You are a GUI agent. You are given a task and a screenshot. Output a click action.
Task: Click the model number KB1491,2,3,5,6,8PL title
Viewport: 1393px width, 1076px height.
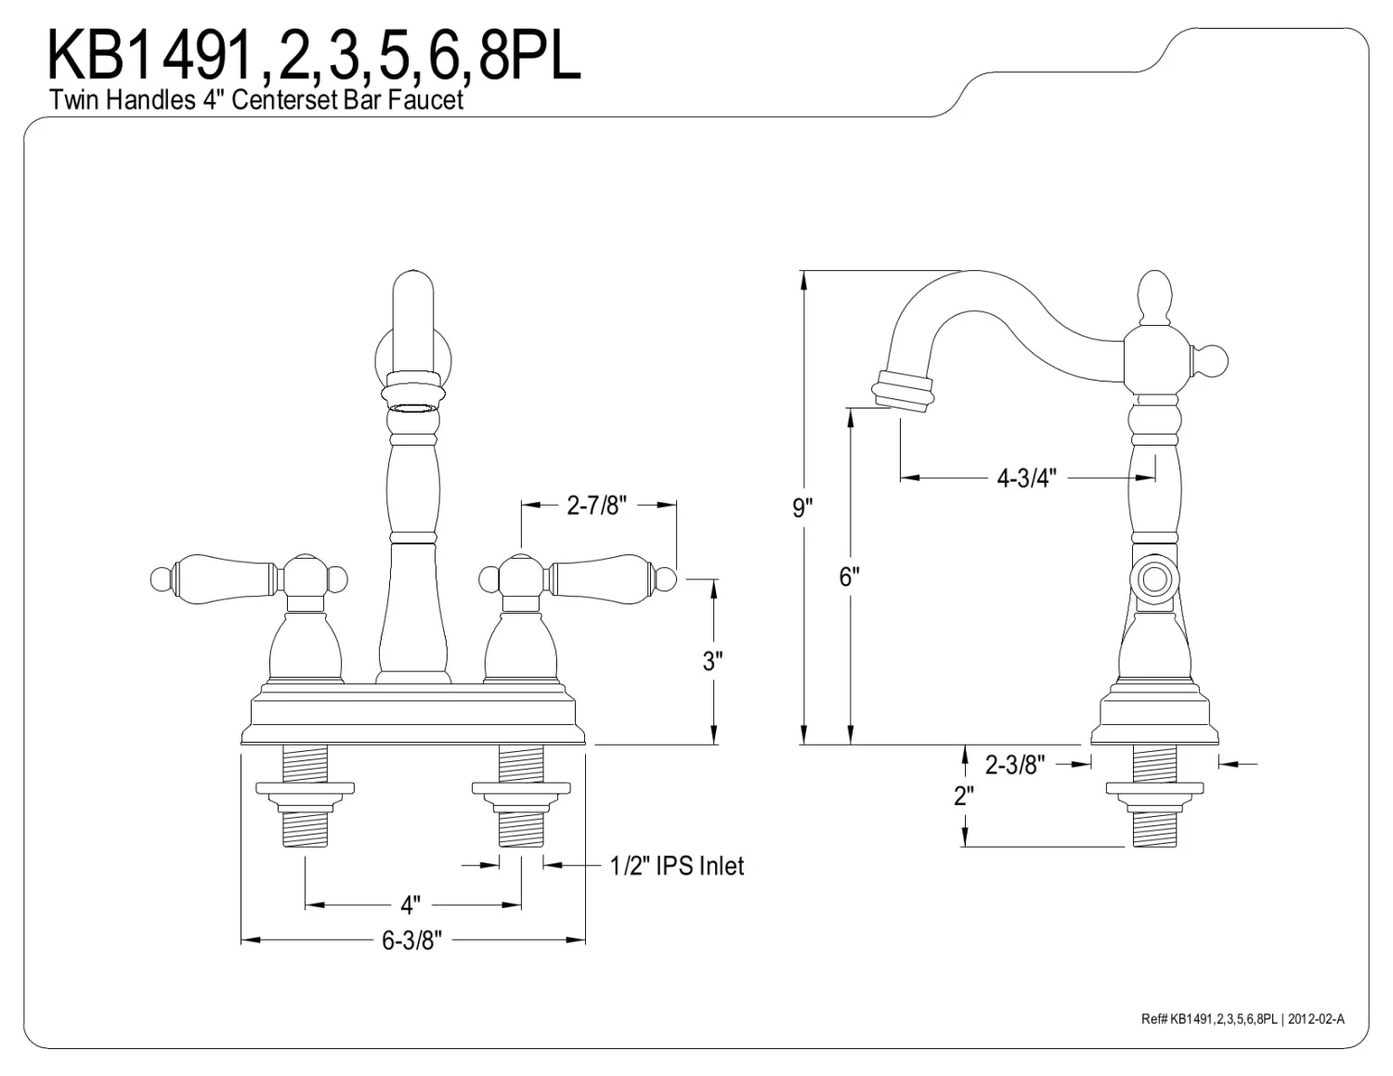tap(314, 56)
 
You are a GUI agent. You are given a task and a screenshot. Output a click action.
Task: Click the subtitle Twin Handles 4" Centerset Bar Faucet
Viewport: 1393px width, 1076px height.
tap(256, 100)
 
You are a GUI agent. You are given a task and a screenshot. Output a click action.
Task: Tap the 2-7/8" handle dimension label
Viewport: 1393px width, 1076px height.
tap(597, 505)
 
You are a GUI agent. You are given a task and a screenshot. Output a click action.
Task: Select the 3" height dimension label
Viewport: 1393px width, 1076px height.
tap(712, 661)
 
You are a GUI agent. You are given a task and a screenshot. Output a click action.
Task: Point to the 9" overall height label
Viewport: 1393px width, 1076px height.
tap(802, 508)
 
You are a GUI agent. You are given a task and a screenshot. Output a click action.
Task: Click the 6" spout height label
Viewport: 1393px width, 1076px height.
tap(849, 577)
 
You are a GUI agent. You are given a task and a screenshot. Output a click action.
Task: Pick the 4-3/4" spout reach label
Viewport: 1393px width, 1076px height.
tap(1026, 478)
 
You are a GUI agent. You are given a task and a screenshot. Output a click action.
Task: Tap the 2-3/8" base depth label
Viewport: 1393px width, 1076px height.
tap(1014, 765)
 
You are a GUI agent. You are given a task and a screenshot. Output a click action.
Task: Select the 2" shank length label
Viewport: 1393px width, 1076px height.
tap(963, 796)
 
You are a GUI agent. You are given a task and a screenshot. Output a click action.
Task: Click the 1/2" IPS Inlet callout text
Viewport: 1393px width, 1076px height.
tap(677, 866)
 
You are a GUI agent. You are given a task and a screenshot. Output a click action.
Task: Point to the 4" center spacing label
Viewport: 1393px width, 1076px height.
tap(410, 903)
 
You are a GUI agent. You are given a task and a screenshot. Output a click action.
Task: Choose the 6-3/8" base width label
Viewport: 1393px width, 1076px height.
tap(410, 940)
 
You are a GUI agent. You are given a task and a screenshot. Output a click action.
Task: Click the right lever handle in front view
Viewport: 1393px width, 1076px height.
tap(604, 577)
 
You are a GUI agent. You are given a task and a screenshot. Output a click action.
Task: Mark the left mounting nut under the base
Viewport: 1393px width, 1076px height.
tap(306, 790)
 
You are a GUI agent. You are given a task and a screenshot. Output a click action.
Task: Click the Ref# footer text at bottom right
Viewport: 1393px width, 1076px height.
tap(1242, 1018)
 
